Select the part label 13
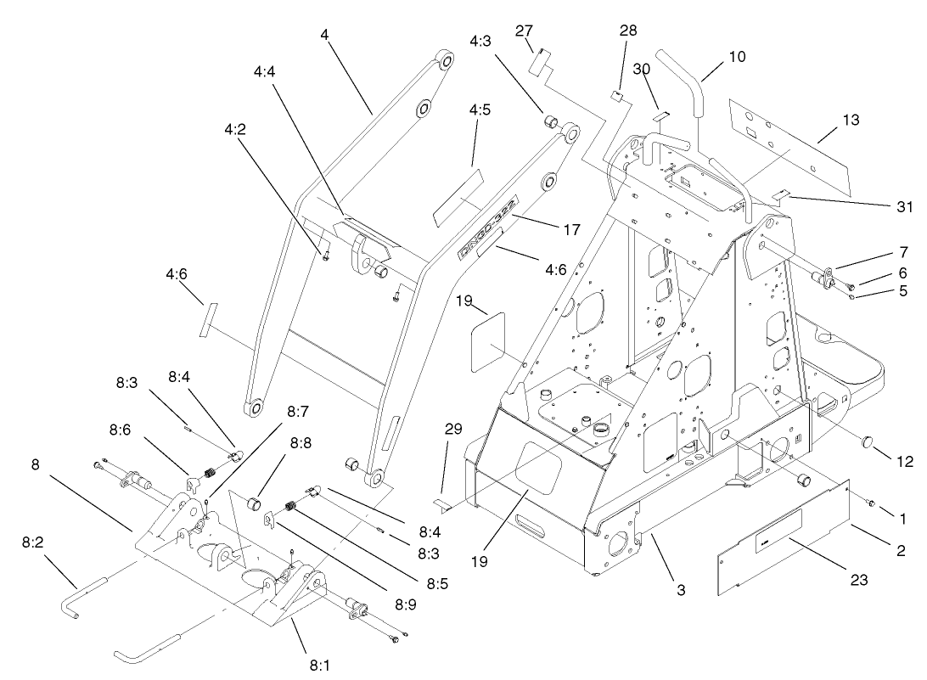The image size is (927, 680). pos(851,120)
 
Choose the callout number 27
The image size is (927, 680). pos(523,31)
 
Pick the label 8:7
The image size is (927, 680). pos(297,411)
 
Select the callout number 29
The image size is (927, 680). pos(453,430)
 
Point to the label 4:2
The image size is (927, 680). pos(234,131)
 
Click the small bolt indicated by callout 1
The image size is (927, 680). pos(869,503)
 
